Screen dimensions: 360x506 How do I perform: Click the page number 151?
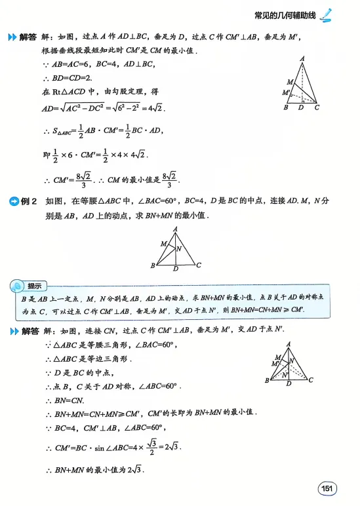(327, 488)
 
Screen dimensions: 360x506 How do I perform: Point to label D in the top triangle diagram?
(300, 107)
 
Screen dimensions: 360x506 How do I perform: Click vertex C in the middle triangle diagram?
(198, 265)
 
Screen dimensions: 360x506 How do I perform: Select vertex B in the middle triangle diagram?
(153, 265)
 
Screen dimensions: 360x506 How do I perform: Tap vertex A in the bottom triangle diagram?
(287, 345)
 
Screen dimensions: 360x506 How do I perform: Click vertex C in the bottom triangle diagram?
(310, 380)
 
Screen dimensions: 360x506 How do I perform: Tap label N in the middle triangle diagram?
(178, 248)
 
